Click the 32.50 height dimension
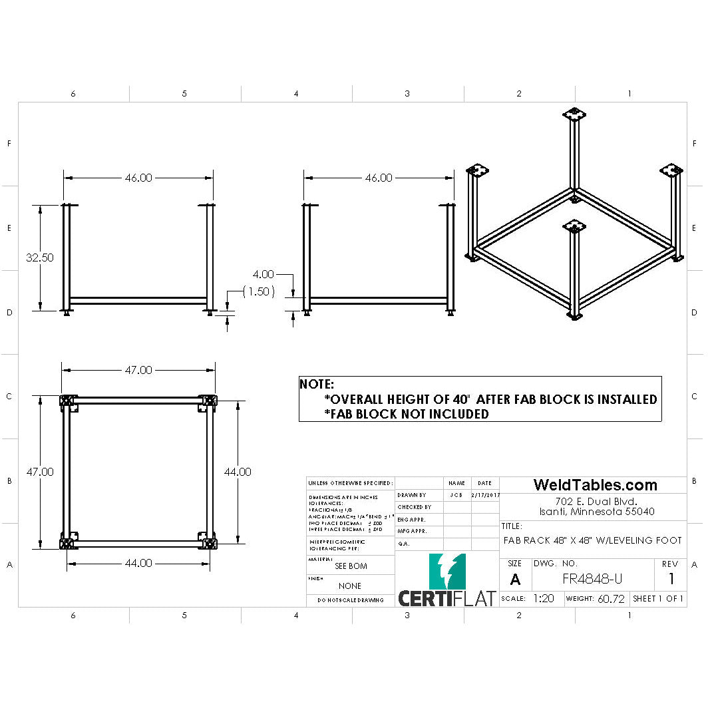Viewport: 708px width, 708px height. click(40, 258)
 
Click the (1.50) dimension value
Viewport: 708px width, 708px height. click(258, 291)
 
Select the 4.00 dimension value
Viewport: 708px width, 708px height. click(263, 273)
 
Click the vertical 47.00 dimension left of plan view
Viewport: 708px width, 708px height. click(40, 472)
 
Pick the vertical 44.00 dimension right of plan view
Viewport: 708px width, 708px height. click(238, 472)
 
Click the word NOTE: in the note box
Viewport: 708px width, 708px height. click(317, 385)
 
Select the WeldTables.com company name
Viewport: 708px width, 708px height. click(595, 485)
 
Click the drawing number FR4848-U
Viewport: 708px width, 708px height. click(593, 579)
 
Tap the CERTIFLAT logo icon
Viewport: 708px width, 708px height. click(447, 571)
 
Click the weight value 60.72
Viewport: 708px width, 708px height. click(611, 599)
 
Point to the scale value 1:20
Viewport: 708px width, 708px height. click(544, 599)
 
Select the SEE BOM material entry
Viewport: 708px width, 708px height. click(350, 566)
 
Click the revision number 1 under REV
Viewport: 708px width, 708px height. click(671, 579)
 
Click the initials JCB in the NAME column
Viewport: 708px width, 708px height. click(456, 495)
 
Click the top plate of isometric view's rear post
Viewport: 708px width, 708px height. click(575, 114)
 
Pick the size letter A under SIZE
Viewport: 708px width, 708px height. click(515, 580)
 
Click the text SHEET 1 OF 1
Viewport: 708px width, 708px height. click(657, 599)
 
